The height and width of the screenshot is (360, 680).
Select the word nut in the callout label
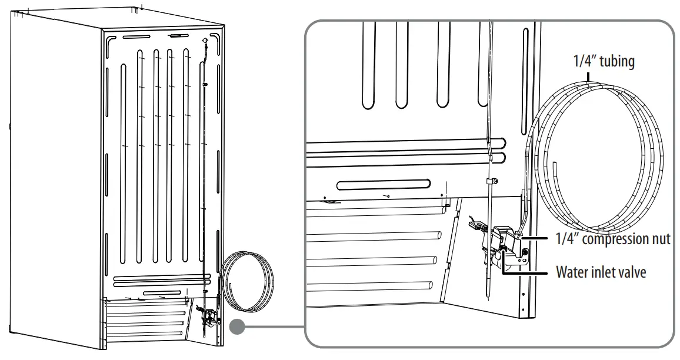(662, 239)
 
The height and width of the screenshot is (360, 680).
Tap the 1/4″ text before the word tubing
(586, 61)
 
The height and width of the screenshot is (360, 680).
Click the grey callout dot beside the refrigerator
(237, 327)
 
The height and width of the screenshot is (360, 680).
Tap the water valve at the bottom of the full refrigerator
(207, 319)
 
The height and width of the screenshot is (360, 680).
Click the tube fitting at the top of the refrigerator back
(204, 41)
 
